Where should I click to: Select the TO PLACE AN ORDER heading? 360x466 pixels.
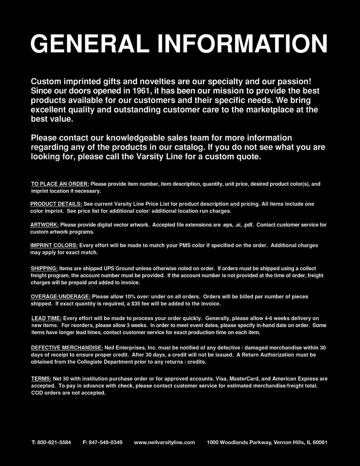pos(60,184)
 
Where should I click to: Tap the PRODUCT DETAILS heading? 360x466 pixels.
pos(56,204)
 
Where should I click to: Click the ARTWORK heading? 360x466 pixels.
pos(44,225)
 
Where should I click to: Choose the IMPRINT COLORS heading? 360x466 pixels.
pos(54,245)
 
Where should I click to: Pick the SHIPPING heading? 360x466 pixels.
pos(44,269)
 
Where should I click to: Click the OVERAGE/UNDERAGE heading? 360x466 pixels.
pos(60,297)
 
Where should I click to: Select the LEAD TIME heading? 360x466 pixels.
pos(46,318)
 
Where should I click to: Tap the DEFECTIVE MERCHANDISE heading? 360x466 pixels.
pos(67,348)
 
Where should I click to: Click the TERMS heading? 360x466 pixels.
pos(41,379)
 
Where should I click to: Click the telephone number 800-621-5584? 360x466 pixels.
pos(54,442)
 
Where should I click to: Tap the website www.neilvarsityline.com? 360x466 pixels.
pos(165,442)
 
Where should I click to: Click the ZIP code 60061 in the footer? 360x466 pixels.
pos(319,442)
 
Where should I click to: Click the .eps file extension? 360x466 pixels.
pos(227,225)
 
